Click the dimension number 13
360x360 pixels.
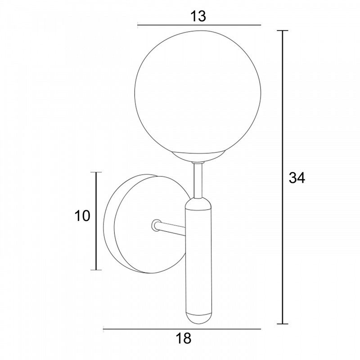[198, 16]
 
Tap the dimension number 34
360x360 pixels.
[297, 178]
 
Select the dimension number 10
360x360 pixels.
[82, 216]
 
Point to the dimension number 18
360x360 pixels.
[184, 338]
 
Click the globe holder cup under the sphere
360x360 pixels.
[198, 156]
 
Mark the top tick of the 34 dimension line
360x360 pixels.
[282, 31]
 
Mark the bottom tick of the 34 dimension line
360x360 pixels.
[282, 324]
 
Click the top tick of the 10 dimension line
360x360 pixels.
[96, 172]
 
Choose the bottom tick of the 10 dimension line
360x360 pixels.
[96, 270]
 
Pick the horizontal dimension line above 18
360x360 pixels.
[182, 329]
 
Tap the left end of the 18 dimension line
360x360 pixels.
[104, 329]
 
